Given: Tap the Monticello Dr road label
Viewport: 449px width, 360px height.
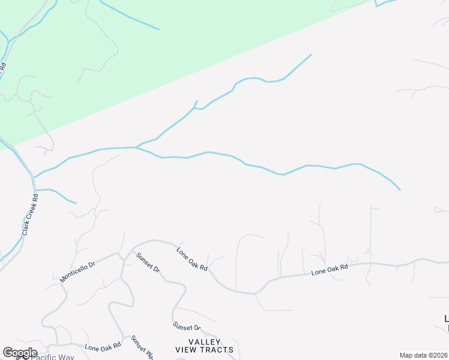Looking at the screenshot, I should [x=78, y=271].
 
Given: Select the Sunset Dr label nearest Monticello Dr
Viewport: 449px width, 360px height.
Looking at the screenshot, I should [x=148, y=263].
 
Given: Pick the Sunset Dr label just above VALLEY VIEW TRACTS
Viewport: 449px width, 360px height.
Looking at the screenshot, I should [x=187, y=327].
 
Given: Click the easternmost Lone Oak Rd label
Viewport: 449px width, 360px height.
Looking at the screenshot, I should [x=330, y=271].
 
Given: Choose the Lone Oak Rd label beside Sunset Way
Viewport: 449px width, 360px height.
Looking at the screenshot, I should [x=103, y=346].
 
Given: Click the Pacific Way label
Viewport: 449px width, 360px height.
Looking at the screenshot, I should [x=53, y=357].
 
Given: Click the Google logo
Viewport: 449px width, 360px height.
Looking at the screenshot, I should [x=19, y=353].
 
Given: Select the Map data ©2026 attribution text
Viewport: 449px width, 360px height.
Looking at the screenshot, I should [x=424, y=355].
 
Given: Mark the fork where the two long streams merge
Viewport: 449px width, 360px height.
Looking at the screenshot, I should [x=136, y=147].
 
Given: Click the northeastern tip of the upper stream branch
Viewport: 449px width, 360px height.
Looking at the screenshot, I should [x=311, y=55].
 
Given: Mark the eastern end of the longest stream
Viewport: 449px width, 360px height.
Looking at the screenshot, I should [x=400, y=190].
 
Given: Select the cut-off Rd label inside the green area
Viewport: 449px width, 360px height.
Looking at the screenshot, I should [x=3, y=67].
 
